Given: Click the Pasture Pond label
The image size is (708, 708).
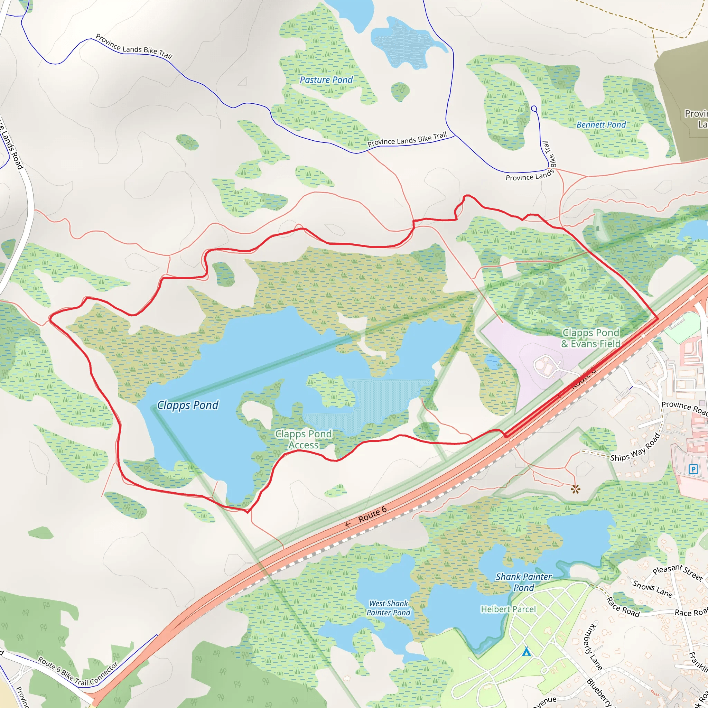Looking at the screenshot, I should pos(326,80).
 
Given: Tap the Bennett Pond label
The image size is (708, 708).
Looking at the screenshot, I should pos(601,125).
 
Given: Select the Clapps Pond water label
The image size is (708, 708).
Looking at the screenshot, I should pos(188,405).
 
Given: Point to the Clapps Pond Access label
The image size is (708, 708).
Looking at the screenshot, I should pos(304,439).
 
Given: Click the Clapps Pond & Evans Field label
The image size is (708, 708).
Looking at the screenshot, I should pos(591,338).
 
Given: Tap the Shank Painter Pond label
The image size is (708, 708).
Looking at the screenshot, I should pos(524,582).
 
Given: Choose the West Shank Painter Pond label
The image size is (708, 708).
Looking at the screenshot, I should pos(389,608).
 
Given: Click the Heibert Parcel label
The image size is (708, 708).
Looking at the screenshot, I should pos(508,609).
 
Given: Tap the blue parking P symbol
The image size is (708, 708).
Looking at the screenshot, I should pos(693,469).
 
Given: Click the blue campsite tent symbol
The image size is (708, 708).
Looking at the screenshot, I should pos(527,651).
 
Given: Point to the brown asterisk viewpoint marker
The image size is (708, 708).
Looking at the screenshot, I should pos(575,488).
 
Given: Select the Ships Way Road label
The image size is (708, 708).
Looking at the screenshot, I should pos(635,447).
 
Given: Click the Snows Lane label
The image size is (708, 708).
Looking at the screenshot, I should pos(652,588).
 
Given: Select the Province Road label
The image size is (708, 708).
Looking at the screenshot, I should pos(684,408).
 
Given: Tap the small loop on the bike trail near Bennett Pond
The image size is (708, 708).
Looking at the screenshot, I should pos(534,109).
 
